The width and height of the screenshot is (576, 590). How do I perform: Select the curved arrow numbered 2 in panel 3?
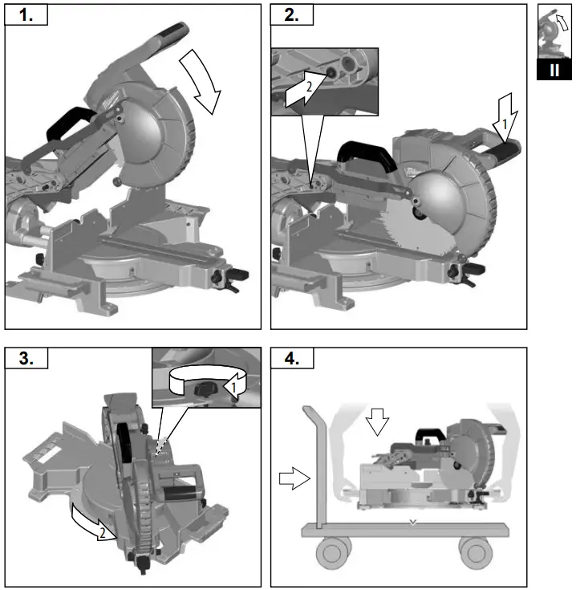[91, 523]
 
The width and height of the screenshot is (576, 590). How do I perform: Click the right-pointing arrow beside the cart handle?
[294, 479]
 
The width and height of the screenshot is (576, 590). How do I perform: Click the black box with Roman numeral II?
[554, 71]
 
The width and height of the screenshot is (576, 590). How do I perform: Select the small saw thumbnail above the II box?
[554, 31]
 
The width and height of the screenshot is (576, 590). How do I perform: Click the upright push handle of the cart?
[314, 466]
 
